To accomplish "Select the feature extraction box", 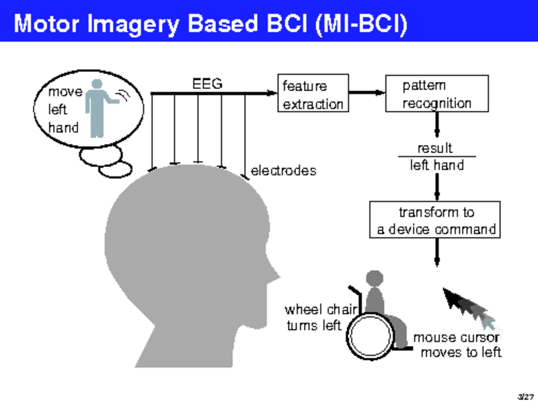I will [x=313, y=94].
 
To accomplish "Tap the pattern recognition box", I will [x=436, y=94].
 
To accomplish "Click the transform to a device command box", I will [x=436, y=221].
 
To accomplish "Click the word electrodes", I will [x=282, y=171].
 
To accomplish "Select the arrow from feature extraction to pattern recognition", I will [x=366, y=93].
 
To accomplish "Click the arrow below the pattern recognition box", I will [x=436, y=125].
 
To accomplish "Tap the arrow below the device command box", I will [x=436, y=252].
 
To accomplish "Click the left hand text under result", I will [x=436, y=165].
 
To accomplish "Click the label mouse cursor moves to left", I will [x=457, y=345].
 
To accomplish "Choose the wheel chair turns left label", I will [x=313, y=318].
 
